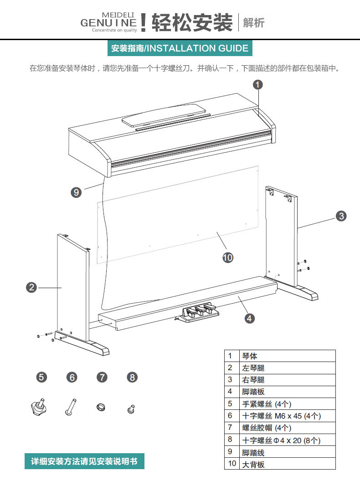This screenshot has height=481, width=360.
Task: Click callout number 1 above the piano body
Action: [258, 84]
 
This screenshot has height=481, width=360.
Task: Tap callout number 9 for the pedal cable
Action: [77, 192]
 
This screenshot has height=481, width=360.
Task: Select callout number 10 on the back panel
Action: [227, 258]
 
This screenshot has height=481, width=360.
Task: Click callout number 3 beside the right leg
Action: [341, 216]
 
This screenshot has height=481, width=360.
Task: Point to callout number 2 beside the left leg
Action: [31, 287]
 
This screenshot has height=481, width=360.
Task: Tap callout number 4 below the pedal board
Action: [249, 318]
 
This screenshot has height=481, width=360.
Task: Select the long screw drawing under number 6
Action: [71, 406]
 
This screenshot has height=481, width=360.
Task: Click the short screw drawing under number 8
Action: [131, 409]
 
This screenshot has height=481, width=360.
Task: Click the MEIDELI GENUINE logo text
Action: [108, 22]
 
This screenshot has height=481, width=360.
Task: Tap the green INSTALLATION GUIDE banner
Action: [180, 48]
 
